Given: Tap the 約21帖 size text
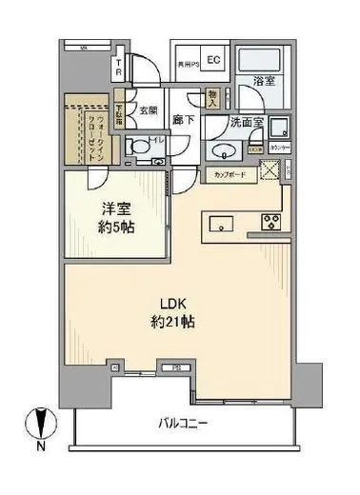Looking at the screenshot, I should click(177, 322).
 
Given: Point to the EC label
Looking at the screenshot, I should click(214, 60).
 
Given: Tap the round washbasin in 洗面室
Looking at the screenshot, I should click(226, 150).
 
